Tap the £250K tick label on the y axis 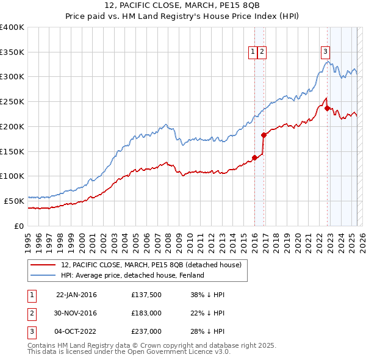[12, 102]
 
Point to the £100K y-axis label [12, 176]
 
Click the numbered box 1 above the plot [253, 52]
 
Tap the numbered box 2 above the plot [262, 52]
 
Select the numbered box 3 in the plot [326, 52]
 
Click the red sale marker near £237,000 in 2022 [328, 109]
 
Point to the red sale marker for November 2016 [264, 135]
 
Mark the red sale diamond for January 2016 [254, 157]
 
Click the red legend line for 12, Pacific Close [44, 265]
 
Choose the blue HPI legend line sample [44, 275]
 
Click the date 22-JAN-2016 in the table [76, 295]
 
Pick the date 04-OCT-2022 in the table [76, 331]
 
